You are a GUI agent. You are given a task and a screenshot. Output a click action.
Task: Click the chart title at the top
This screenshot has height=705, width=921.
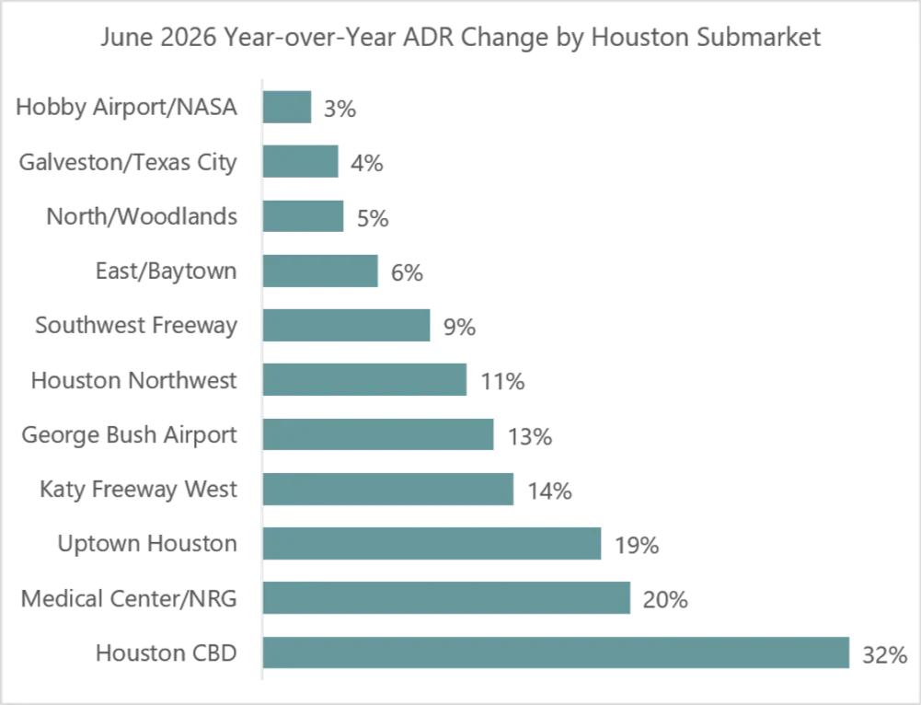click(x=460, y=38)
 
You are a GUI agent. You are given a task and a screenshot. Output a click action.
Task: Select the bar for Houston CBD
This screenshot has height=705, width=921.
click(x=556, y=653)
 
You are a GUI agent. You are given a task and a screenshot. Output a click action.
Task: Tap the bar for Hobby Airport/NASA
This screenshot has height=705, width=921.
click(x=287, y=107)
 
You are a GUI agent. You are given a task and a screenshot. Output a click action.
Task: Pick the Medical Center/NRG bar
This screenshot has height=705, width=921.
click(x=446, y=597)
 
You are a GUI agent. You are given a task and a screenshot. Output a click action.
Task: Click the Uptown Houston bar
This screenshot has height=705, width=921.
click(x=432, y=543)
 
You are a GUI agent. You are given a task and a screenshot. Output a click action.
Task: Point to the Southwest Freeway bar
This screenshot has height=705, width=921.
click(x=346, y=325)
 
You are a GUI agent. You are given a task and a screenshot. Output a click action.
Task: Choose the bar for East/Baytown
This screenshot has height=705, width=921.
click(x=320, y=271)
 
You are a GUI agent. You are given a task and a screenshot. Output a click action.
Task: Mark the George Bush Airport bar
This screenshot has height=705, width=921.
click(x=377, y=434)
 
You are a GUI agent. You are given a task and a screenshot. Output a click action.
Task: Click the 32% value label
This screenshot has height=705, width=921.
click(x=884, y=654)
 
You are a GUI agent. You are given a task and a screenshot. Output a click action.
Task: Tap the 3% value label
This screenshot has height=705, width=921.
click(x=340, y=109)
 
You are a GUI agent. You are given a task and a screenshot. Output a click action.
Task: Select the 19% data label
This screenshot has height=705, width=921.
click(x=637, y=546)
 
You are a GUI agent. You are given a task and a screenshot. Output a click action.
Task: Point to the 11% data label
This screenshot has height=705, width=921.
click(x=502, y=382)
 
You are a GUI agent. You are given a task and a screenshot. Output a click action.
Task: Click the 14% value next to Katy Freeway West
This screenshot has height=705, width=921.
click(x=550, y=491)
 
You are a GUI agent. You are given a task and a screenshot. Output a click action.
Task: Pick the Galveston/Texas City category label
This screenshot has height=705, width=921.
click(x=128, y=163)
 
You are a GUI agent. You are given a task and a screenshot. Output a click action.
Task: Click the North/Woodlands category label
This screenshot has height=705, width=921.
click(x=142, y=216)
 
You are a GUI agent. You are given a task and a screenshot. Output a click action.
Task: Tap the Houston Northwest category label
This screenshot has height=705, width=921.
click(x=134, y=380)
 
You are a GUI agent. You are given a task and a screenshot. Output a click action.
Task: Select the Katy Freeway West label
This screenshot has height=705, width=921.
click(x=139, y=490)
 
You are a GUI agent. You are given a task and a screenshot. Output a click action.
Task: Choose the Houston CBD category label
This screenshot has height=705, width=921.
click(x=167, y=653)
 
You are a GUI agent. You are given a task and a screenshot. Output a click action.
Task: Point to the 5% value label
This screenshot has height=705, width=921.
click(x=373, y=218)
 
